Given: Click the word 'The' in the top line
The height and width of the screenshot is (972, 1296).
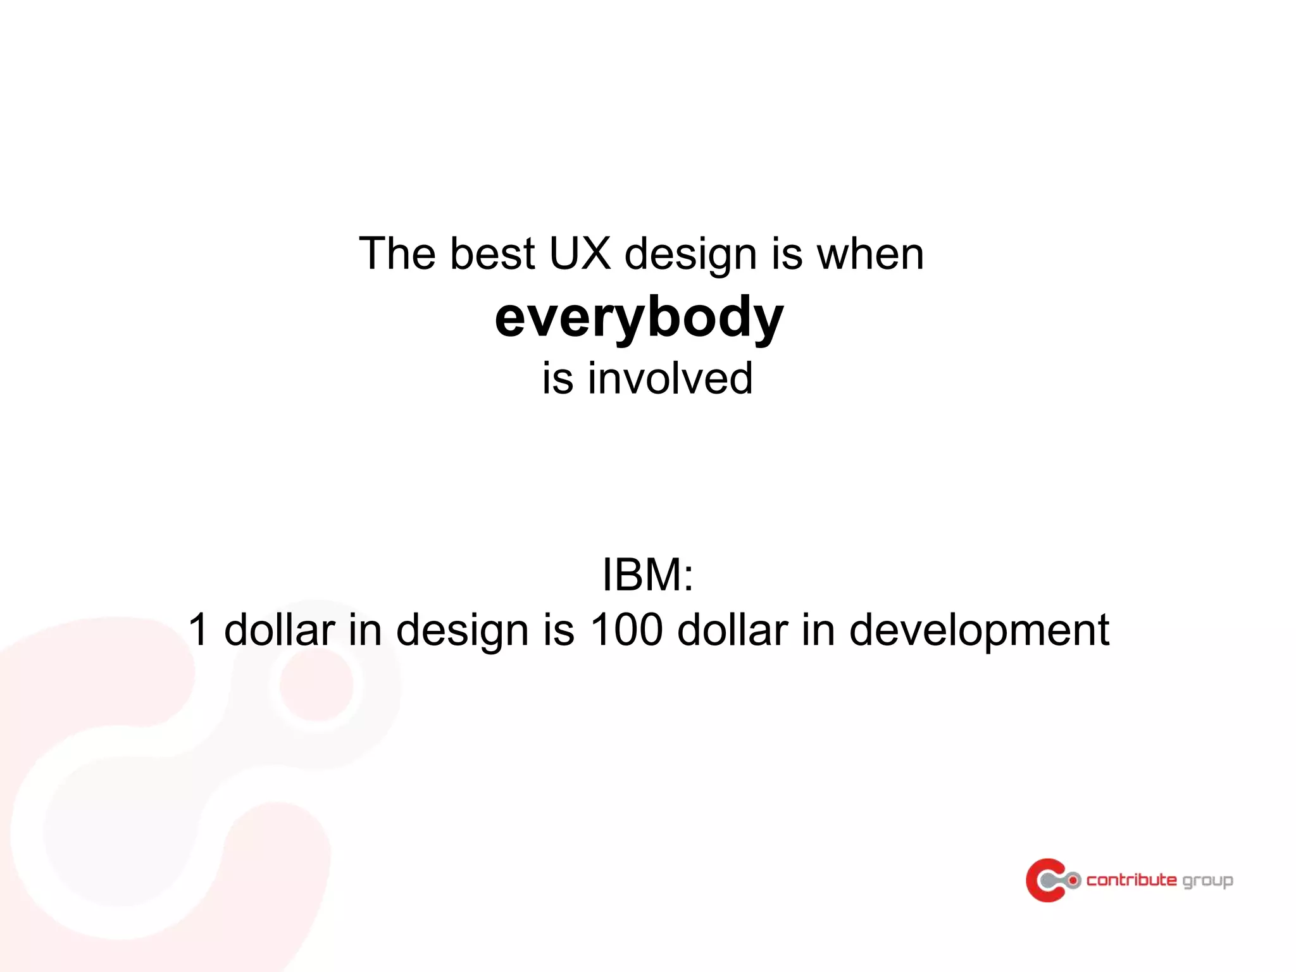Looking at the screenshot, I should (x=397, y=254).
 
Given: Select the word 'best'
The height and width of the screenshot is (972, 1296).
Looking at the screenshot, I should (x=492, y=254).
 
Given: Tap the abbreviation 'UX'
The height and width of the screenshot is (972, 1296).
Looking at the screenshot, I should (x=580, y=254).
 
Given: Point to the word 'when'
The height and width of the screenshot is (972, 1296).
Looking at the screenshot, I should (x=870, y=254).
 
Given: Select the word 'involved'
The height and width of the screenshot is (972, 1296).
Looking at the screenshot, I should (x=670, y=378).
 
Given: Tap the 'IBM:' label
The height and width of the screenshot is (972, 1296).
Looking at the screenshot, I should (x=647, y=575).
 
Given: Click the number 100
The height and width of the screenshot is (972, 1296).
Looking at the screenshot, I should (x=626, y=630).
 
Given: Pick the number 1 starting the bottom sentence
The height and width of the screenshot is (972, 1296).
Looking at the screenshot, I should (x=199, y=630).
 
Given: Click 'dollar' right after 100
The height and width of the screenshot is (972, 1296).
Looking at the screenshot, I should (x=732, y=630).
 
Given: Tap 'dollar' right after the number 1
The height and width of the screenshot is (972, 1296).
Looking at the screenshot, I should (x=280, y=630).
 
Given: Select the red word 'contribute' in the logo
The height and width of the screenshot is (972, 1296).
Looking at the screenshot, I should (x=1131, y=880).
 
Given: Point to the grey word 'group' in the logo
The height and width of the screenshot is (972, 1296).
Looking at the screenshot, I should (x=1207, y=882).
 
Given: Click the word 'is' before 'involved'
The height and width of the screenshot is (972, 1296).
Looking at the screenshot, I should (x=558, y=378).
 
